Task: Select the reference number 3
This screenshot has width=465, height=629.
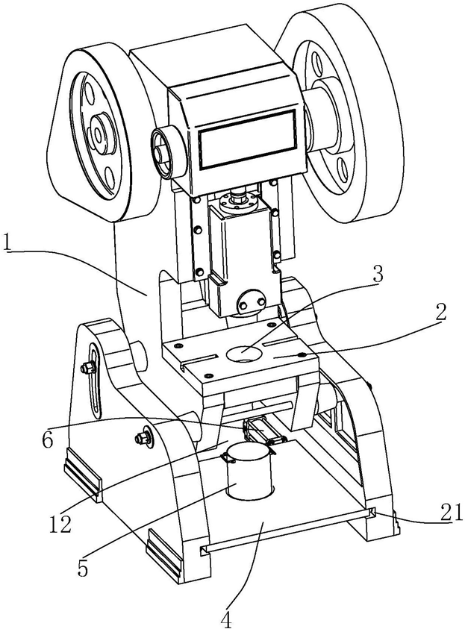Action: pos(377,275)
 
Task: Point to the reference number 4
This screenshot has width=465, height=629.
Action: pos(226,620)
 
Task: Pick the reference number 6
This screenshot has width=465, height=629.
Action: pos(48,440)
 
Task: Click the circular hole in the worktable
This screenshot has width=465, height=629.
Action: pos(244,354)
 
